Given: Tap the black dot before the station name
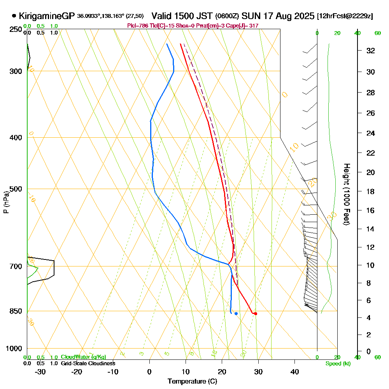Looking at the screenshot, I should [14, 16].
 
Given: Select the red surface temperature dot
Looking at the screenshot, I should [255, 314].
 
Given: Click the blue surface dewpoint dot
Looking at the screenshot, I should [236, 314].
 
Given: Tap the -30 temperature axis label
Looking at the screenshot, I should [40, 371].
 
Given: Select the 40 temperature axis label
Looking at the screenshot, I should [294, 371].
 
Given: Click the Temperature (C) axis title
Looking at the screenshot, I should [192, 382].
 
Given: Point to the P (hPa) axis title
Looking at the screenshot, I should [6, 202].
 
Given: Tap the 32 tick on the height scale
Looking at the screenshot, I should [371, 51].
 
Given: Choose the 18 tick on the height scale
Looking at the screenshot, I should [371, 191].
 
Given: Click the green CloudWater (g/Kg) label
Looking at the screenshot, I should [83, 357].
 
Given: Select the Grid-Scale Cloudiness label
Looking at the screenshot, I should [88, 363].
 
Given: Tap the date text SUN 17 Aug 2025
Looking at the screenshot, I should [278, 16].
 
